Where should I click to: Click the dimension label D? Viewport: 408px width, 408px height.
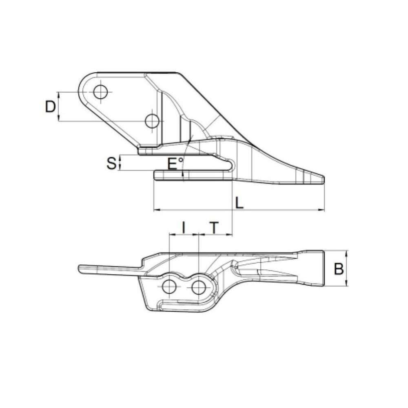50,107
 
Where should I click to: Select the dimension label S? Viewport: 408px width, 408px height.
111,163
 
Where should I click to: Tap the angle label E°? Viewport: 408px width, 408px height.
176,164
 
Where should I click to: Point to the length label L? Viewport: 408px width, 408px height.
239,202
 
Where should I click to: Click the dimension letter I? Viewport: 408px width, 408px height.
184,227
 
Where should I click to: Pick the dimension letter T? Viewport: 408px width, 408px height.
214,227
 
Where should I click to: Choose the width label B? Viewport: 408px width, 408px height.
338,269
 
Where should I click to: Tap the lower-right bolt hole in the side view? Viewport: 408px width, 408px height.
152,121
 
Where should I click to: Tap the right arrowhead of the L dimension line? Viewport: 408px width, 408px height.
323,211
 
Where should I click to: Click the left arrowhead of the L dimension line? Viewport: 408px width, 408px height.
155,211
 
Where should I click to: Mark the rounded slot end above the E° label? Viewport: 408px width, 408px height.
233,164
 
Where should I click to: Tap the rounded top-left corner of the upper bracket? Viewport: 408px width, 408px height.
84,80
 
